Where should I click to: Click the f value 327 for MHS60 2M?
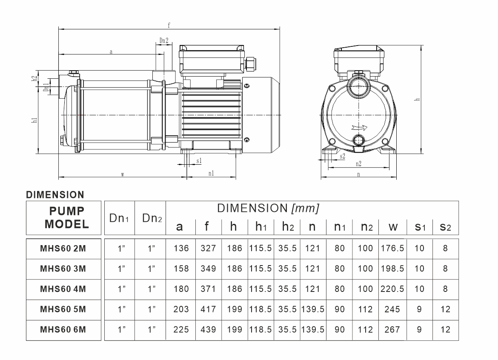[208, 248]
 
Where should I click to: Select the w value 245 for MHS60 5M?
[392, 309]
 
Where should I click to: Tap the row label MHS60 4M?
[63, 289]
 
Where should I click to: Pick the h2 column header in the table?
[288, 227]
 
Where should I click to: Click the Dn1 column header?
[119, 218]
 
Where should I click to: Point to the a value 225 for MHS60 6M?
[181, 329]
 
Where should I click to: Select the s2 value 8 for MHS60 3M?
[445, 269]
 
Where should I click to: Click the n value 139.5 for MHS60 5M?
[313, 309]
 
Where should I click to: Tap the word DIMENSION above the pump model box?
[55, 194]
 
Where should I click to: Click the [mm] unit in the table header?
[305, 208]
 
